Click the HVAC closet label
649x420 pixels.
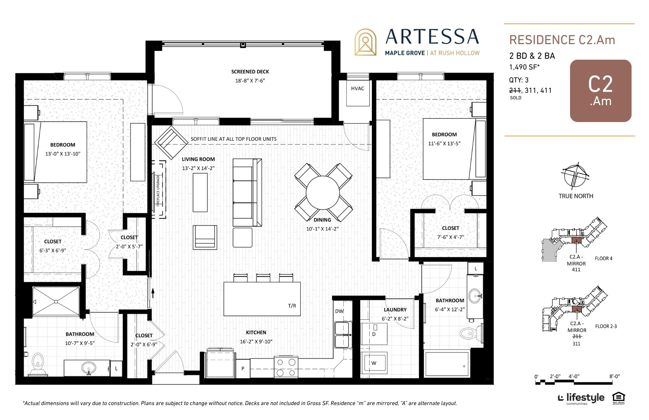[357, 88]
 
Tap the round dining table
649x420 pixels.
[323, 192]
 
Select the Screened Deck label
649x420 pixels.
[250, 72]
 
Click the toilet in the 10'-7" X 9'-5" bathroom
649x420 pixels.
[38, 364]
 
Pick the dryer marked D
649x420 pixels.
[374, 334]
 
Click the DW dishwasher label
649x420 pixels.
[339, 311]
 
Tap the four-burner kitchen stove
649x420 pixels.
[286, 367]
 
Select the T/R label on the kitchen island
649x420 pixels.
[292, 306]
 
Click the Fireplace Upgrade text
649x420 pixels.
[158, 190]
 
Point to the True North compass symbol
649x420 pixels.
[576, 176]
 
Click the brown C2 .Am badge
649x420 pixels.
[601, 91]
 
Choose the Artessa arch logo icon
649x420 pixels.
[365, 42]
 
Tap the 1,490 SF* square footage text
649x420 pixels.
[524, 67]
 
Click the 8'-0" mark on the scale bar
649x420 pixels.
[614, 377]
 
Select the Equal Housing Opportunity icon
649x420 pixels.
[618, 398]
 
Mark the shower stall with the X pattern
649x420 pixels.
[56, 302]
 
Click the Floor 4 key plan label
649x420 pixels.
[604, 258]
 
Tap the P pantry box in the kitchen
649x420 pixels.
[243, 368]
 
